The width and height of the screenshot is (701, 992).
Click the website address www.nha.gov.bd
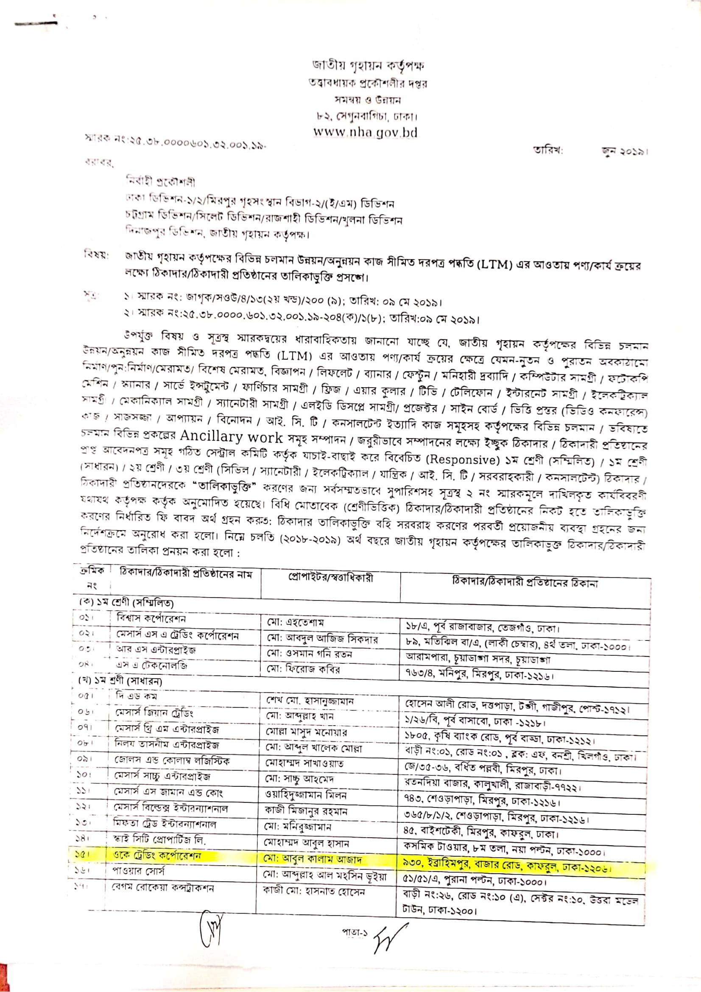[366, 132]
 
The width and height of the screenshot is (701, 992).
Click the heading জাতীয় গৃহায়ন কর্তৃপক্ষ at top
[369, 66]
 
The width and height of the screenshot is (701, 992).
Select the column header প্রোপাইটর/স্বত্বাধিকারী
[330, 578]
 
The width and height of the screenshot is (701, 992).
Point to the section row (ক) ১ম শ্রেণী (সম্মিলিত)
[126, 602]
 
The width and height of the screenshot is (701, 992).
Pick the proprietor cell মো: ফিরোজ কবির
[303, 670]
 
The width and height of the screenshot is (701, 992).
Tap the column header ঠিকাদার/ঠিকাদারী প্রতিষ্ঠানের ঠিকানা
[525, 583]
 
